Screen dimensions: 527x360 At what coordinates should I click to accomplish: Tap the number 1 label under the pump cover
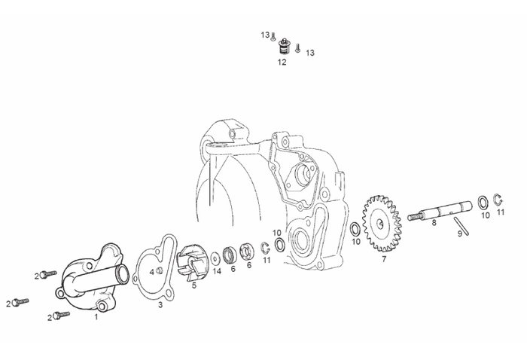pyautogui.click(x=96, y=316)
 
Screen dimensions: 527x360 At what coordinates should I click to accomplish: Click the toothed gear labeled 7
pyautogui.click(x=382, y=223)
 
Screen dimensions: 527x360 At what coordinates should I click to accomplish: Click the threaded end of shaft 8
pyautogui.click(x=414, y=217)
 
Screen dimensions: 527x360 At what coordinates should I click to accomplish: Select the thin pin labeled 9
pyautogui.click(x=461, y=226)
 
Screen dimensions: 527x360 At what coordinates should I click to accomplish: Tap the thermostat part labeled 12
pyautogui.click(x=285, y=47)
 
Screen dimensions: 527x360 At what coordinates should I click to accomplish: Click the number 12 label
pyautogui.click(x=282, y=63)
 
